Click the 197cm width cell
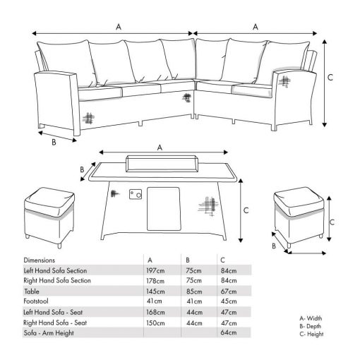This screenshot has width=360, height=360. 155,270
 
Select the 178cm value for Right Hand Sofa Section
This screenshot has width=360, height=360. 155,281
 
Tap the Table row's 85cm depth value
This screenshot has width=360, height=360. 194,292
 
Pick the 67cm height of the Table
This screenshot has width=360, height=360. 229,292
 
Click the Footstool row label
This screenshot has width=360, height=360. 36,301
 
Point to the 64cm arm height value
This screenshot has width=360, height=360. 229,332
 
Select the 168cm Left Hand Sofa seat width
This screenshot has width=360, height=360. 155,312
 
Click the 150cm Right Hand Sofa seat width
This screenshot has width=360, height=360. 155,323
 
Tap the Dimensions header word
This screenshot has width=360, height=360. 39,260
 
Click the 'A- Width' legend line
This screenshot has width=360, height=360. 311,318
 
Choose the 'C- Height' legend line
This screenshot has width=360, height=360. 311,334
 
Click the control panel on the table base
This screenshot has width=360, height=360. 136,194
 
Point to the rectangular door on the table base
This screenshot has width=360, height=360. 164,209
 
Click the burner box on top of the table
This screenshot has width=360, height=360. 161,164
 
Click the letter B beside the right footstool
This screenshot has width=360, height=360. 274,246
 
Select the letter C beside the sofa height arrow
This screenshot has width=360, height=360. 330,77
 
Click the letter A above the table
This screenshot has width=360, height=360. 160,148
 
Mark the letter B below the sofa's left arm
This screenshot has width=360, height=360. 54,143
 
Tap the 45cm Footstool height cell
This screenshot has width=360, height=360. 229,301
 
